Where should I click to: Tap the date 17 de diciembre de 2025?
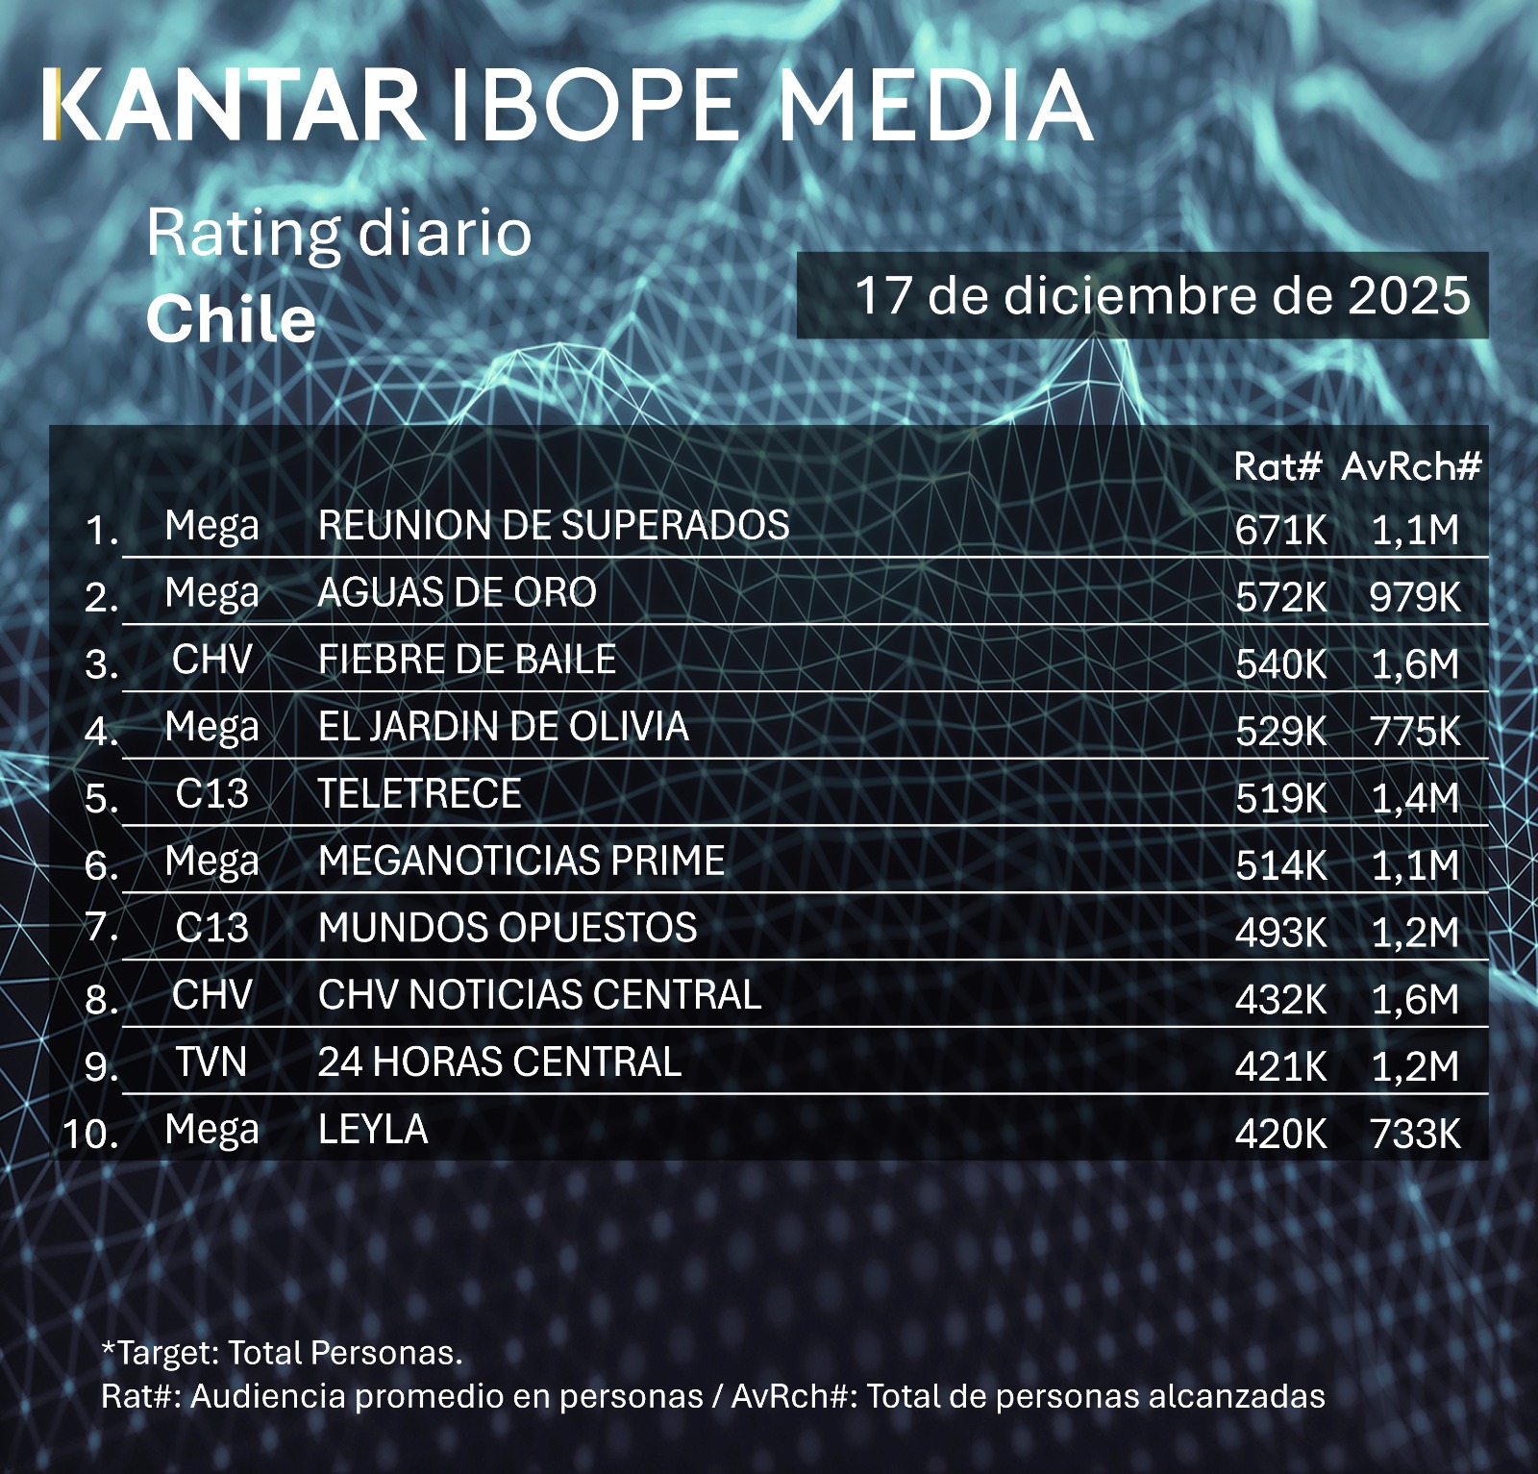[1161, 295]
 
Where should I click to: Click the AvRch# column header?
[1410, 467]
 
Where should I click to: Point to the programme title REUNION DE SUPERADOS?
[554, 526]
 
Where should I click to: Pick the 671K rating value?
[1280, 530]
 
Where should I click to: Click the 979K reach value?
[1414, 597]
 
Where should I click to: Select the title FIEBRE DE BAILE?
[467, 660]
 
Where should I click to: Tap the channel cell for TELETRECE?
[211, 794]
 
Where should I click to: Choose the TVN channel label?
[211, 1062]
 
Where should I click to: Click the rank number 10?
[90, 1134]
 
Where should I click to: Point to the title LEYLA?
[373, 1130]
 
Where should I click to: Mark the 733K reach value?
[1414, 1135]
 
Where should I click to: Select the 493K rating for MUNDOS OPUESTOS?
[1280, 933]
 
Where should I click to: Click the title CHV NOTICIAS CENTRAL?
[539, 995]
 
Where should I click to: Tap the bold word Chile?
[231, 319]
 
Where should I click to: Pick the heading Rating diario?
[338, 234]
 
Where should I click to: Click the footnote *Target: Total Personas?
[282, 1353]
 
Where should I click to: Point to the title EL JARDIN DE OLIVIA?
[503, 727]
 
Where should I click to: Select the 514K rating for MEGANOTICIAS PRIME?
[1280, 865]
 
